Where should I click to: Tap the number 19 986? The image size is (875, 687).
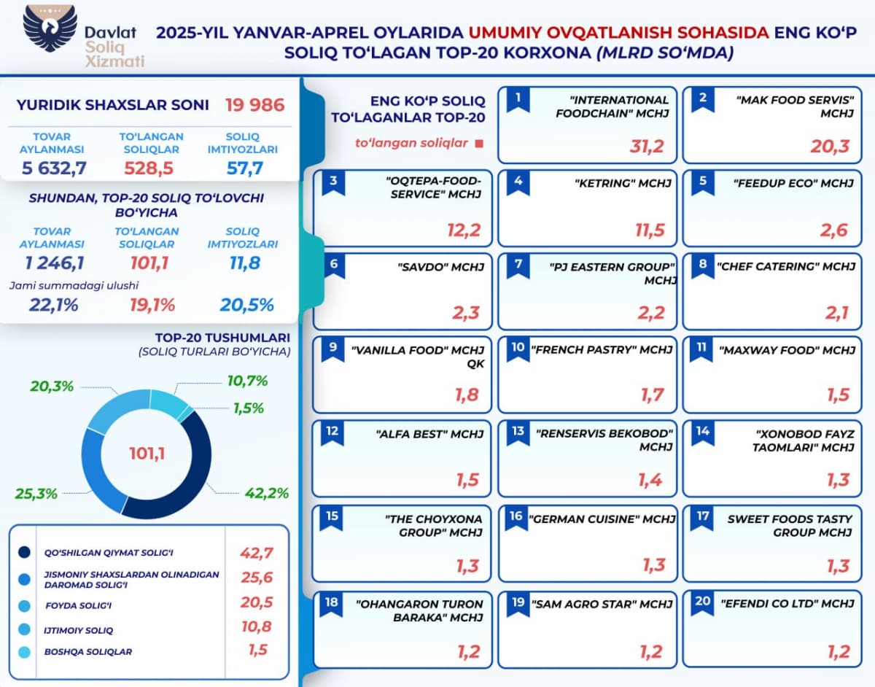click(x=254, y=105)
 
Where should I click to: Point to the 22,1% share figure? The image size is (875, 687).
click(x=54, y=305)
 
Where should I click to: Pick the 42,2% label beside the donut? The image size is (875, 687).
click(x=265, y=493)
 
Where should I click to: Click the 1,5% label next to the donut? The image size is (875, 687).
click(x=249, y=408)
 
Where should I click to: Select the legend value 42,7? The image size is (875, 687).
click(x=256, y=552)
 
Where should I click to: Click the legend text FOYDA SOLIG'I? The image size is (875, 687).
click(x=78, y=605)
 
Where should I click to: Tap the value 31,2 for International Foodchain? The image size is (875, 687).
click(x=647, y=147)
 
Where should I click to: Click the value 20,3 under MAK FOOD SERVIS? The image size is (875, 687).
click(x=830, y=147)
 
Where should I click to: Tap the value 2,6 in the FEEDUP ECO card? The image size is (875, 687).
click(x=833, y=230)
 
